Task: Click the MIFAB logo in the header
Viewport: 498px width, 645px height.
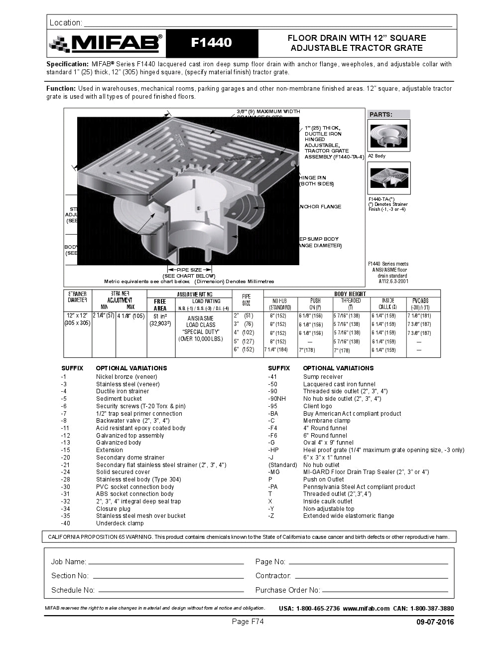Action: click(106, 43)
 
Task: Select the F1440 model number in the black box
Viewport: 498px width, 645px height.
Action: click(212, 43)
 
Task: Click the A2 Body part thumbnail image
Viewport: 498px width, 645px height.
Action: click(389, 135)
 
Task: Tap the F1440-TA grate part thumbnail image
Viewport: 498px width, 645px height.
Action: click(389, 178)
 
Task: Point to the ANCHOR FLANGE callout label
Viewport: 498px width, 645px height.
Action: click(320, 207)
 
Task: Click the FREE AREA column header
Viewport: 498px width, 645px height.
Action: click(160, 305)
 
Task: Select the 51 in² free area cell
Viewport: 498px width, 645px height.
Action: click(160, 316)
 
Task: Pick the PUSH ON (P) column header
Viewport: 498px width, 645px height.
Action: click(315, 304)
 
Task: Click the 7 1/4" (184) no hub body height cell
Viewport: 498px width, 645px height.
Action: click(276, 350)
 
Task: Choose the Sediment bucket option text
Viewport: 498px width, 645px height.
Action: click(119, 399)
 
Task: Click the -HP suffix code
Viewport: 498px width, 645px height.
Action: click(273, 450)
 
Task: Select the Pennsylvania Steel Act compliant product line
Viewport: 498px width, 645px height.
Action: click(359, 487)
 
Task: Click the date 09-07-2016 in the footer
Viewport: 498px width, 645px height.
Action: click(435, 622)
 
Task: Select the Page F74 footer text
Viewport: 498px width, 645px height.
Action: click(248, 622)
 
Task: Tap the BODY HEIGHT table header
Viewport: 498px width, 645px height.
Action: click(350, 294)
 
